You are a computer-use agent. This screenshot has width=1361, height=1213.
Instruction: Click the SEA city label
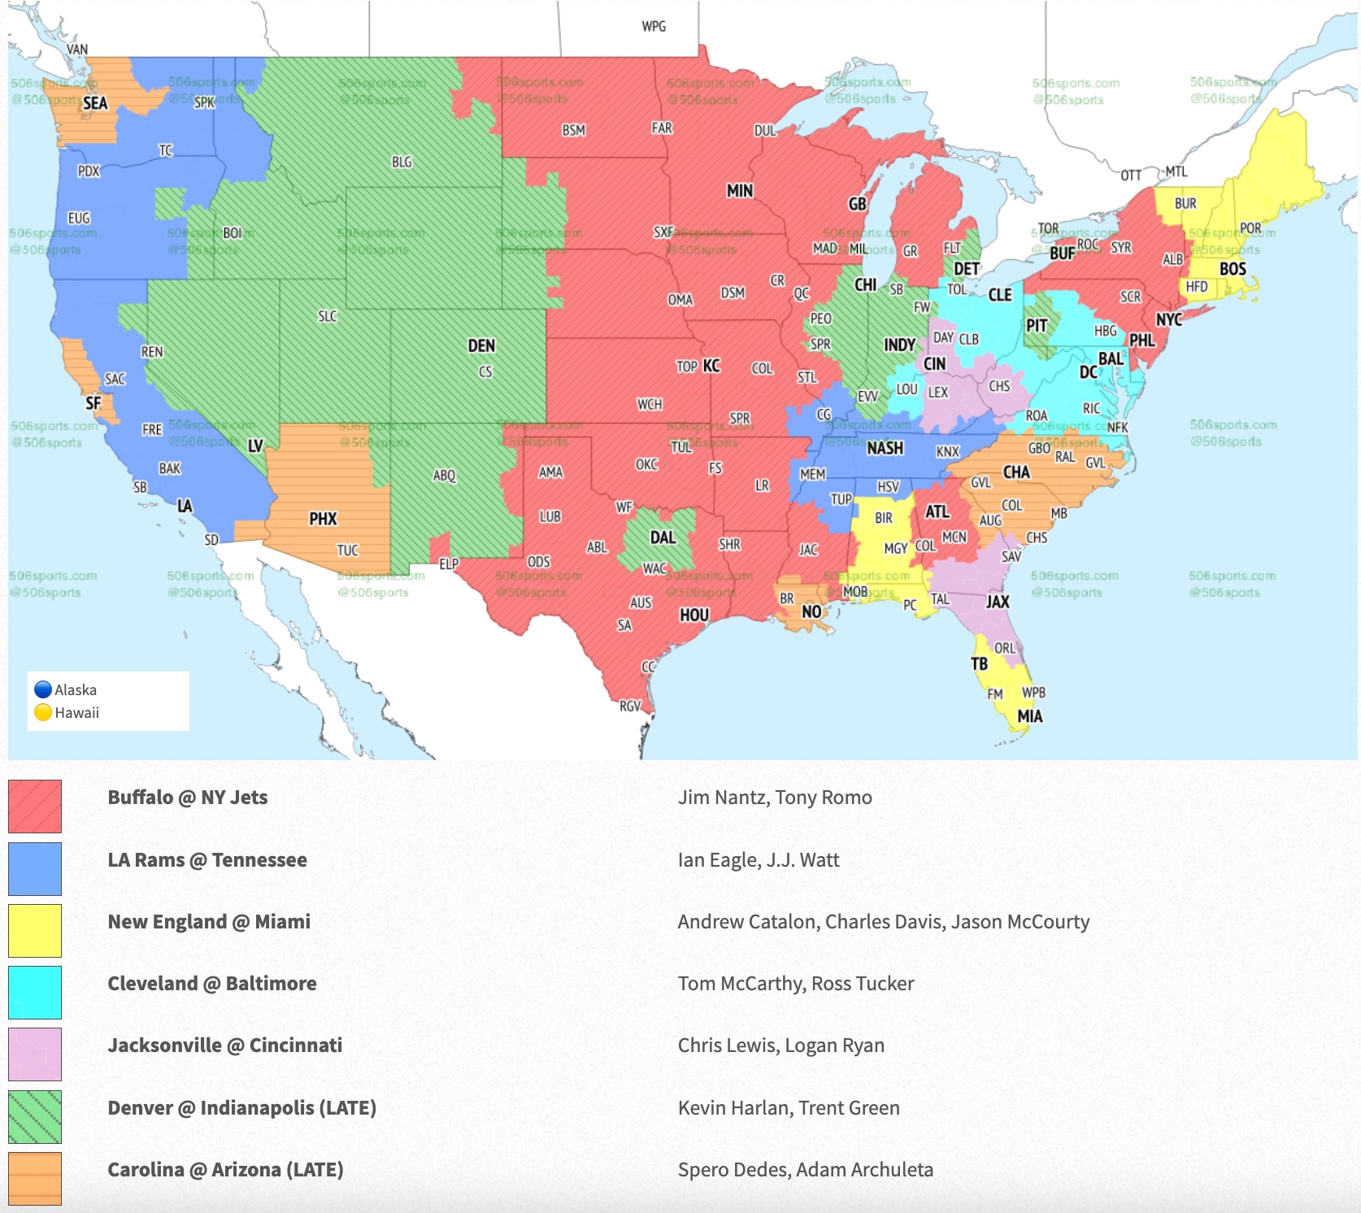94,103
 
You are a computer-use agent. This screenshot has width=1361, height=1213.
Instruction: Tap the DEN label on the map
481,346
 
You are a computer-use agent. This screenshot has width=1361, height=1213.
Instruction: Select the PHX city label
323,519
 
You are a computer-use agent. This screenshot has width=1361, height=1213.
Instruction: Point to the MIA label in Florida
1029,716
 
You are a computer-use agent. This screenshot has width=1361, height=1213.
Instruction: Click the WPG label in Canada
654,26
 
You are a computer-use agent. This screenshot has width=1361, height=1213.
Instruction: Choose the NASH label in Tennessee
885,448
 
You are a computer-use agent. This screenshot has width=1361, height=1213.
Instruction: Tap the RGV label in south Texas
630,706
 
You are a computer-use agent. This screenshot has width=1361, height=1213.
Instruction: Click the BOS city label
1233,268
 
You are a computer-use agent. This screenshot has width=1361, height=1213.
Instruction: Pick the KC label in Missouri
711,366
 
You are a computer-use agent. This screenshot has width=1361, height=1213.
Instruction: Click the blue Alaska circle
43,689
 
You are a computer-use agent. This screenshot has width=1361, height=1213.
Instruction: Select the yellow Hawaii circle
43,713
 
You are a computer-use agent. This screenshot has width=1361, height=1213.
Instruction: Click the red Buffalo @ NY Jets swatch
35,806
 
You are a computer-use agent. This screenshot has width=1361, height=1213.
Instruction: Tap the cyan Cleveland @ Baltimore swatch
35,992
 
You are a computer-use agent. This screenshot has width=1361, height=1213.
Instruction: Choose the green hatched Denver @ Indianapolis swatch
35,1116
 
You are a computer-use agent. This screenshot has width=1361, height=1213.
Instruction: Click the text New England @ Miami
209,921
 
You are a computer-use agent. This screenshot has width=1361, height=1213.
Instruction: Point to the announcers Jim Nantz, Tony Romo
775,798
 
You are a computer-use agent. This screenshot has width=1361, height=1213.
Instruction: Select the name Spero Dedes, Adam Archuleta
805,1169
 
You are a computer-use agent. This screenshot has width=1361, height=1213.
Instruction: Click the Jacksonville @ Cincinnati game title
224,1046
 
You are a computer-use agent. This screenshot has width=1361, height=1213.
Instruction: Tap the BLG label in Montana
402,162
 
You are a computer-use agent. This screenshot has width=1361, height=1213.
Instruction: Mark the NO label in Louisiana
811,611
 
